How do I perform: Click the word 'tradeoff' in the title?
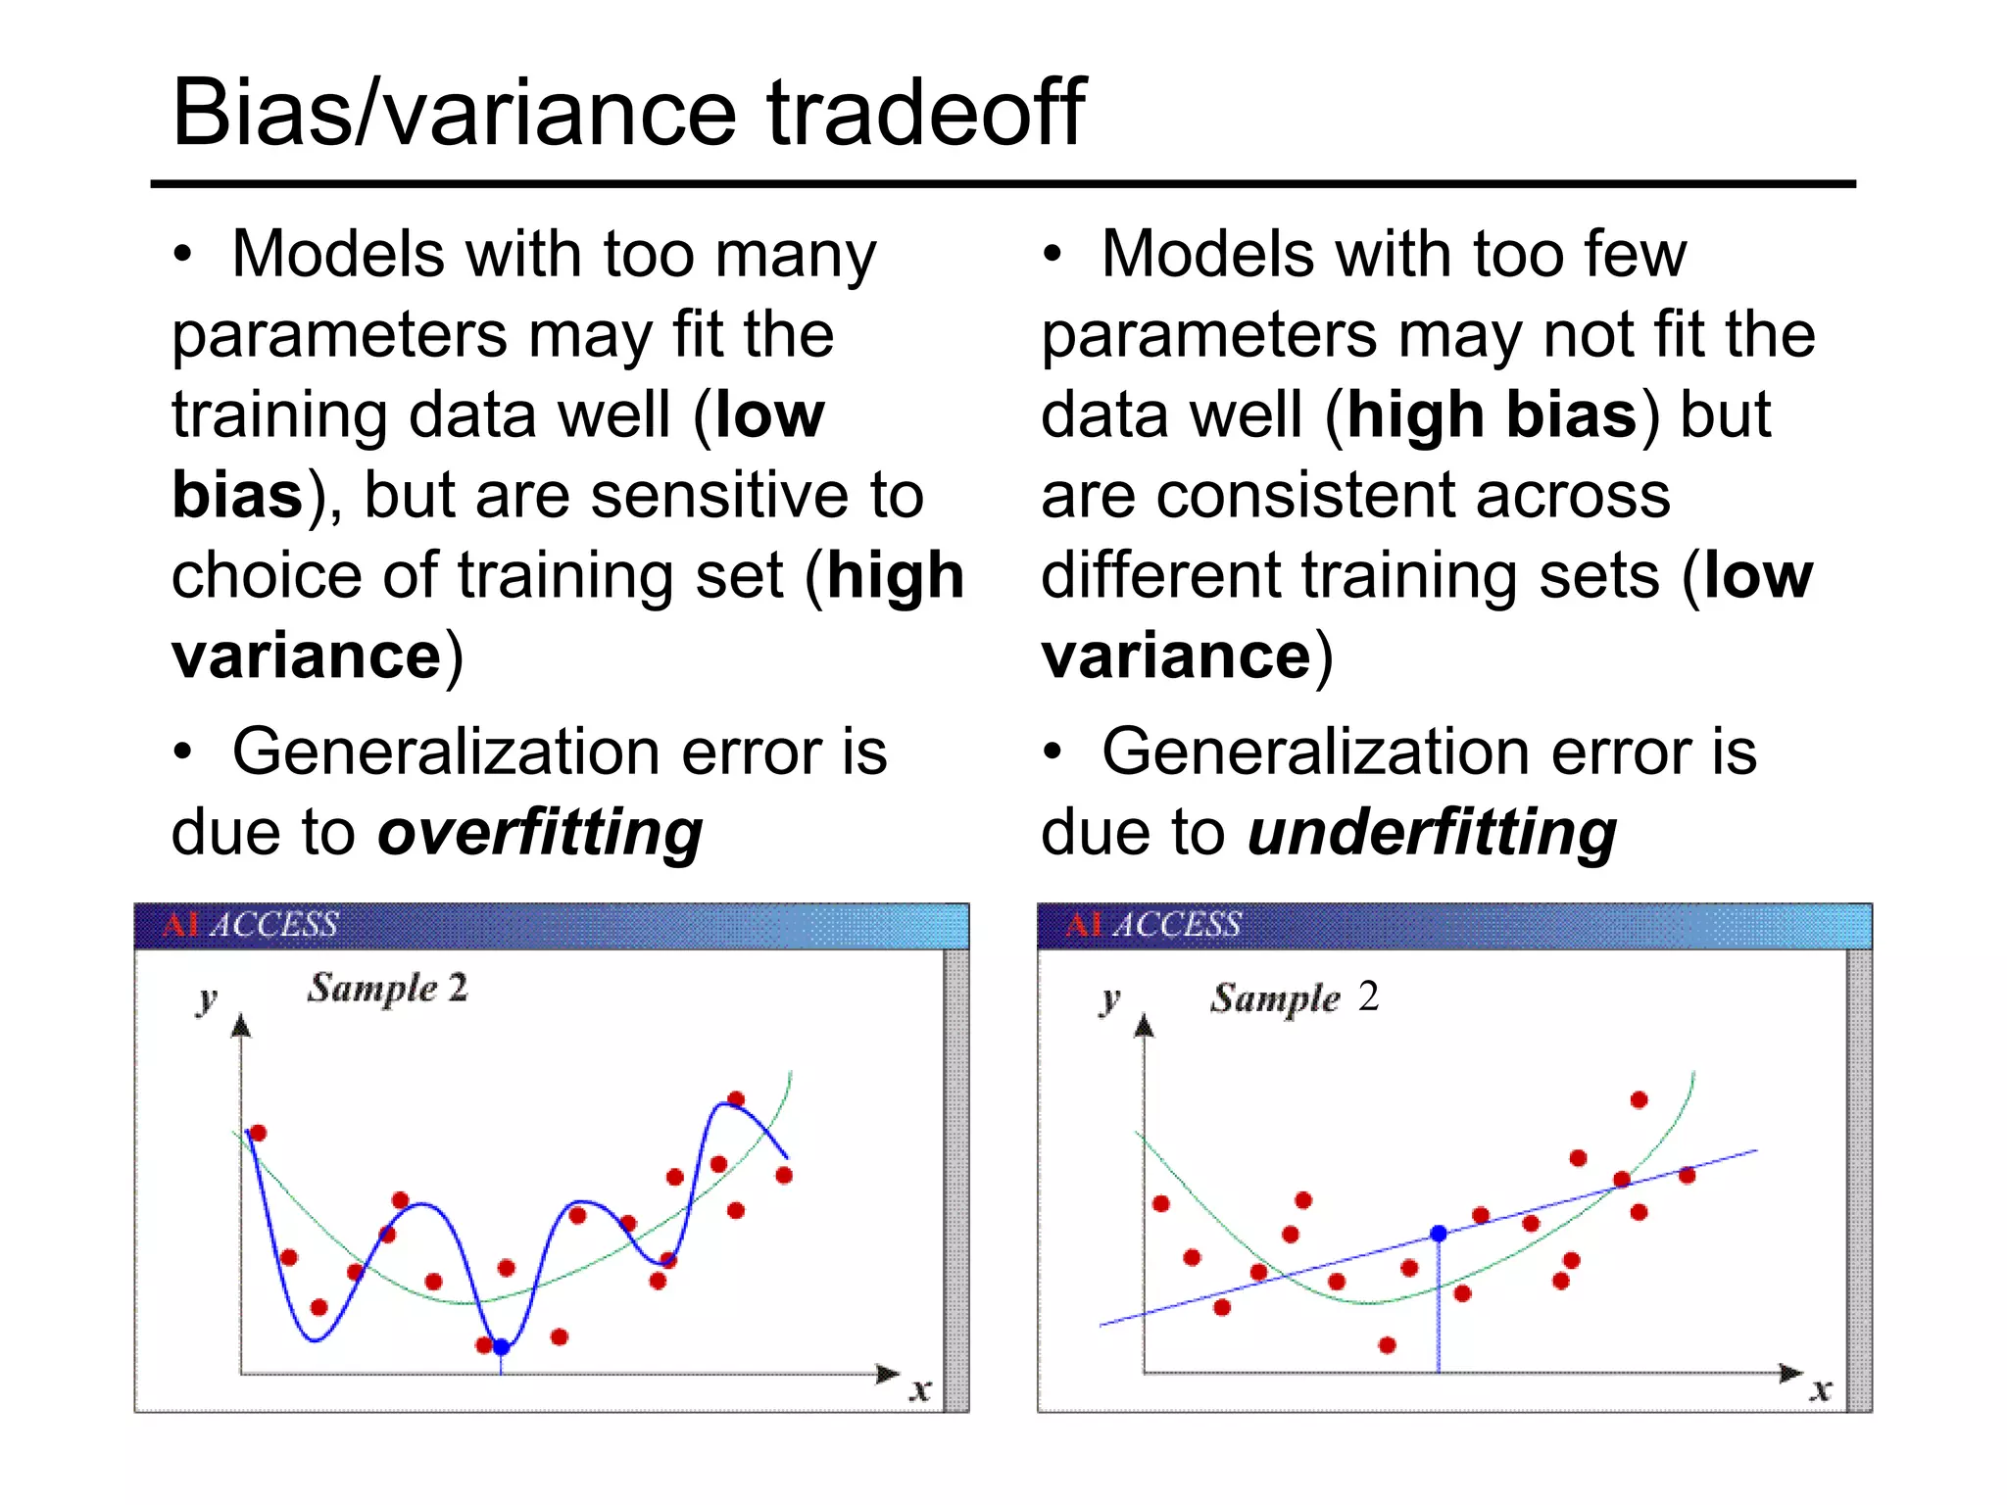(924, 114)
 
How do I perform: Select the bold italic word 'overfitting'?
(540, 833)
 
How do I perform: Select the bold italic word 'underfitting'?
(1432, 833)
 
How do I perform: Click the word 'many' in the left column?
(796, 256)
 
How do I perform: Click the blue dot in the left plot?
(501, 1347)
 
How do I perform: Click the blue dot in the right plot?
(1439, 1234)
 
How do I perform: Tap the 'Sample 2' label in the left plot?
(387, 988)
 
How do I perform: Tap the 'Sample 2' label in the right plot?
(1294, 997)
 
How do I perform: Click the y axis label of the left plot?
(206, 1000)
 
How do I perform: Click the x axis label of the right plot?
(1820, 1388)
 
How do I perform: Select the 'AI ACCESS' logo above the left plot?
(250, 925)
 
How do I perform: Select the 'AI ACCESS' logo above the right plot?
(1153, 925)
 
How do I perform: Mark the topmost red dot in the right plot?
(1639, 1100)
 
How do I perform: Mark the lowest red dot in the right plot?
(1387, 1345)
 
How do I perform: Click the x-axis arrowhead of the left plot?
(888, 1374)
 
